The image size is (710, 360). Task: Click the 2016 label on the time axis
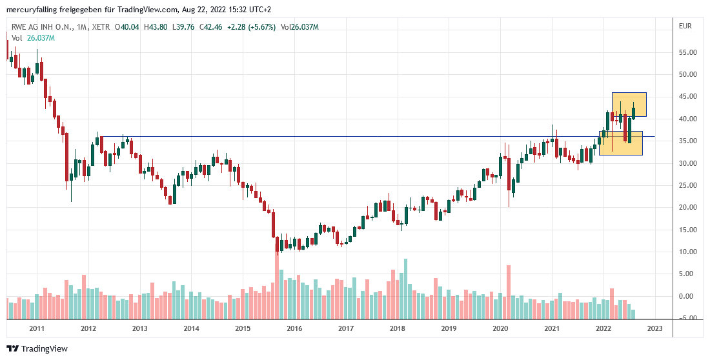(x=294, y=328)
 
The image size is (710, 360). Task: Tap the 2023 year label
(x=654, y=328)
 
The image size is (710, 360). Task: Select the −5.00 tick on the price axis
(x=690, y=318)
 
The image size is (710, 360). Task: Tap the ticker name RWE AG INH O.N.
(x=42, y=27)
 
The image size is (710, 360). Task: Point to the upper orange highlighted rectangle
(x=629, y=105)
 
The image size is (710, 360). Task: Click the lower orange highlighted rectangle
(x=621, y=143)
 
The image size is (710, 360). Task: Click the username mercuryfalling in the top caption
(x=33, y=9)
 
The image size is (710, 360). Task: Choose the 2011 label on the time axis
(x=37, y=328)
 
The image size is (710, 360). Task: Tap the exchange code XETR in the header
(x=100, y=27)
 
